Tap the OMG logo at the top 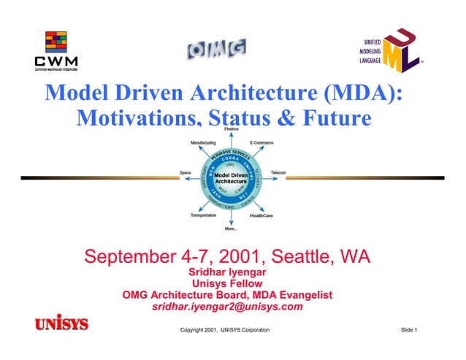pos(215,50)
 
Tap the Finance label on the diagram pos(232,129)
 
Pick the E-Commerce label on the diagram pos(261,142)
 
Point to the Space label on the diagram pos(186,172)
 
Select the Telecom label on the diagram pos(278,172)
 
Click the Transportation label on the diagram pos(203,215)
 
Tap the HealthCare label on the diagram pos(262,215)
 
